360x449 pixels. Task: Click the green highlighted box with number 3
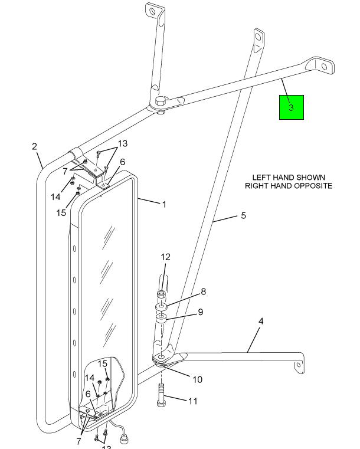(x=291, y=107)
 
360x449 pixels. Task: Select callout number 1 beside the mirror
(x=164, y=205)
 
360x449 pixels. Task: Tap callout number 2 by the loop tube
(x=35, y=146)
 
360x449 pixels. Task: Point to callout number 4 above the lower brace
(x=260, y=322)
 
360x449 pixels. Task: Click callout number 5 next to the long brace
(x=243, y=216)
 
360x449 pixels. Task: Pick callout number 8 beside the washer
(x=203, y=291)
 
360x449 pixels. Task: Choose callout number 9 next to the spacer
(x=201, y=312)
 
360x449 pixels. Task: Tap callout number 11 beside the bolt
(x=193, y=401)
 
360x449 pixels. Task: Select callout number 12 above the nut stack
(x=165, y=257)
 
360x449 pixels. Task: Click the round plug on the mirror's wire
(x=125, y=438)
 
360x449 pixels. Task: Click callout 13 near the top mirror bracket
(x=122, y=143)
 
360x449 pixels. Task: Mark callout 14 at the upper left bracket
(x=55, y=196)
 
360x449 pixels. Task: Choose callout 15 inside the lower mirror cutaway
(x=103, y=363)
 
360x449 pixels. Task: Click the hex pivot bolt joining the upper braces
(x=161, y=101)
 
